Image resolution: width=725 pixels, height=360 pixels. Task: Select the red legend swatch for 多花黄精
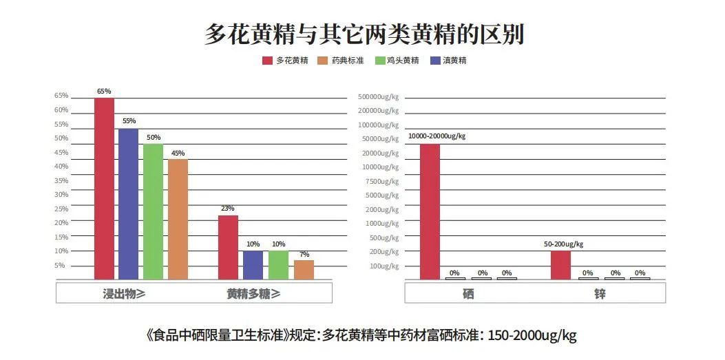click(x=267, y=61)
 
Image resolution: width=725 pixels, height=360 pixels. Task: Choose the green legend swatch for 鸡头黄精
click(x=379, y=61)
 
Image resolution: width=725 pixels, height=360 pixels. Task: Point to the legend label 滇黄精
click(x=454, y=61)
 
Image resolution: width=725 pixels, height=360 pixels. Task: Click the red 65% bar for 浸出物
click(x=104, y=189)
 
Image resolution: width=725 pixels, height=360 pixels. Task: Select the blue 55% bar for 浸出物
click(x=129, y=204)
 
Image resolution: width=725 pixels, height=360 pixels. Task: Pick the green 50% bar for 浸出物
click(x=153, y=212)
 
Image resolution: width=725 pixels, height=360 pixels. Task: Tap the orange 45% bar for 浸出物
click(x=178, y=220)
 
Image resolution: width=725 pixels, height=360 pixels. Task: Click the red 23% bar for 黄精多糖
click(x=228, y=248)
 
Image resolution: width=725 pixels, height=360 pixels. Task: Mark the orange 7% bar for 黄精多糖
click(x=304, y=270)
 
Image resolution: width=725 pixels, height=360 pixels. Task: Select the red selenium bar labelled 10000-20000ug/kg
click(x=430, y=211)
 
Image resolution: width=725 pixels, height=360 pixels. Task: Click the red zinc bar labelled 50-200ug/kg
click(x=560, y=265)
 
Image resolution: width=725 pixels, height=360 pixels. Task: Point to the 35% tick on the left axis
click(x=61, y=180)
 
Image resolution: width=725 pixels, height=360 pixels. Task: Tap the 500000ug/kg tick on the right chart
click(x=378, y=96)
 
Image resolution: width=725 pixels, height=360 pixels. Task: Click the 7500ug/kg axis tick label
click(x=382, y=181)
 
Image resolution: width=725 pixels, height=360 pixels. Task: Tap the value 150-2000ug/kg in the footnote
click(x=532, y=336)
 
